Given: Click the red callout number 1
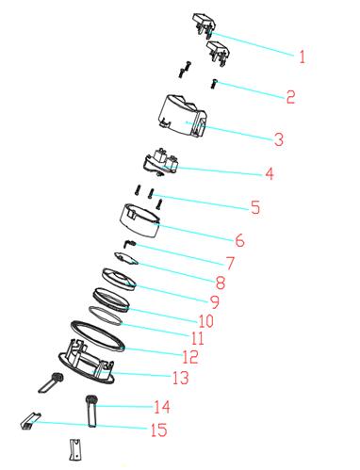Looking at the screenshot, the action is [x=302, y=57].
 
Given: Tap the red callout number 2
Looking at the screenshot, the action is [x=290, y=97].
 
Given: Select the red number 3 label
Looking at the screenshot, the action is [x=279, y=139].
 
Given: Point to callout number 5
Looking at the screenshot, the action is [x=255, y=207].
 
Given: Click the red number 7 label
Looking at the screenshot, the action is [x=230, y=263].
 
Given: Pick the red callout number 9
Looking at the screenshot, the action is [x=215, y=301].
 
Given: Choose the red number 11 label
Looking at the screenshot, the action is [x=198, y=338].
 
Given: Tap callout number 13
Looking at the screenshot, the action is [x=181, y=378].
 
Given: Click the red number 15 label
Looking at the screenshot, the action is [x=159, y=429].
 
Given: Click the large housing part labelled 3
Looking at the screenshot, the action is [x=182, y=116].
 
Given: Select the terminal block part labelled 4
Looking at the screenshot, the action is [x=161, y=162].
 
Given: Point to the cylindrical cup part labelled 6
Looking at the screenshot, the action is [x=139, y=220].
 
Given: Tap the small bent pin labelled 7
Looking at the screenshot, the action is [x=130, y=243].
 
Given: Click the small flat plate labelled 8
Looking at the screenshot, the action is [x=127, y=258].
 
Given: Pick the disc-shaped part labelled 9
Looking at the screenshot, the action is [x=119, y=279].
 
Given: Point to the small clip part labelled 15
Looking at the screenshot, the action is [x=30, y=421].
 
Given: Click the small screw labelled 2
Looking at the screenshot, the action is [x=215, y=84].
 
